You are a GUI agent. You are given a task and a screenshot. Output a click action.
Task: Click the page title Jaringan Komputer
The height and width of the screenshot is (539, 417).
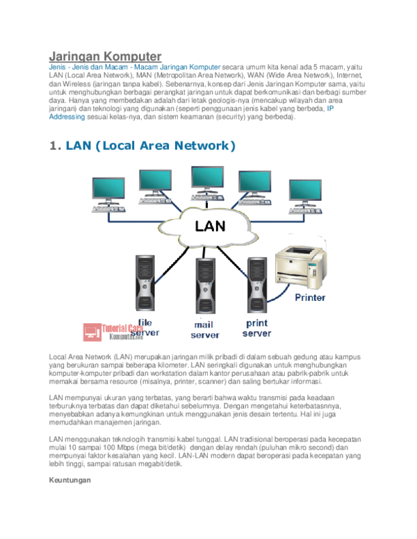(x=105, y=55)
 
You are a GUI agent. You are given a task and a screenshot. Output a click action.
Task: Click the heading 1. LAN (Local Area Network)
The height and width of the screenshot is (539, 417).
(x=142, y=145)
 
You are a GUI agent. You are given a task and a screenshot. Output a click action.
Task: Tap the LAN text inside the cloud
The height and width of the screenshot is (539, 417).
(x=210, y=226)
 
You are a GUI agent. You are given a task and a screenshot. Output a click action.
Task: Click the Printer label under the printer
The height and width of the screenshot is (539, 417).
(x=310, y=297)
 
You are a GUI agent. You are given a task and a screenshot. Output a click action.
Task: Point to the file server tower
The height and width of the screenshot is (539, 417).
(x=145, y=285)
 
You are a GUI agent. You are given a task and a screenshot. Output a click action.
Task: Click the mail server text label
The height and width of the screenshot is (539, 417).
(x=205, y=330)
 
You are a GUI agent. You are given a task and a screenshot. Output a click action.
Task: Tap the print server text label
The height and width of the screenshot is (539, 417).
(x=256, y=327)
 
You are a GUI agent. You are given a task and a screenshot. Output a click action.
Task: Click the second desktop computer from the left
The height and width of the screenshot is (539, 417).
(x=155, y=188)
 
